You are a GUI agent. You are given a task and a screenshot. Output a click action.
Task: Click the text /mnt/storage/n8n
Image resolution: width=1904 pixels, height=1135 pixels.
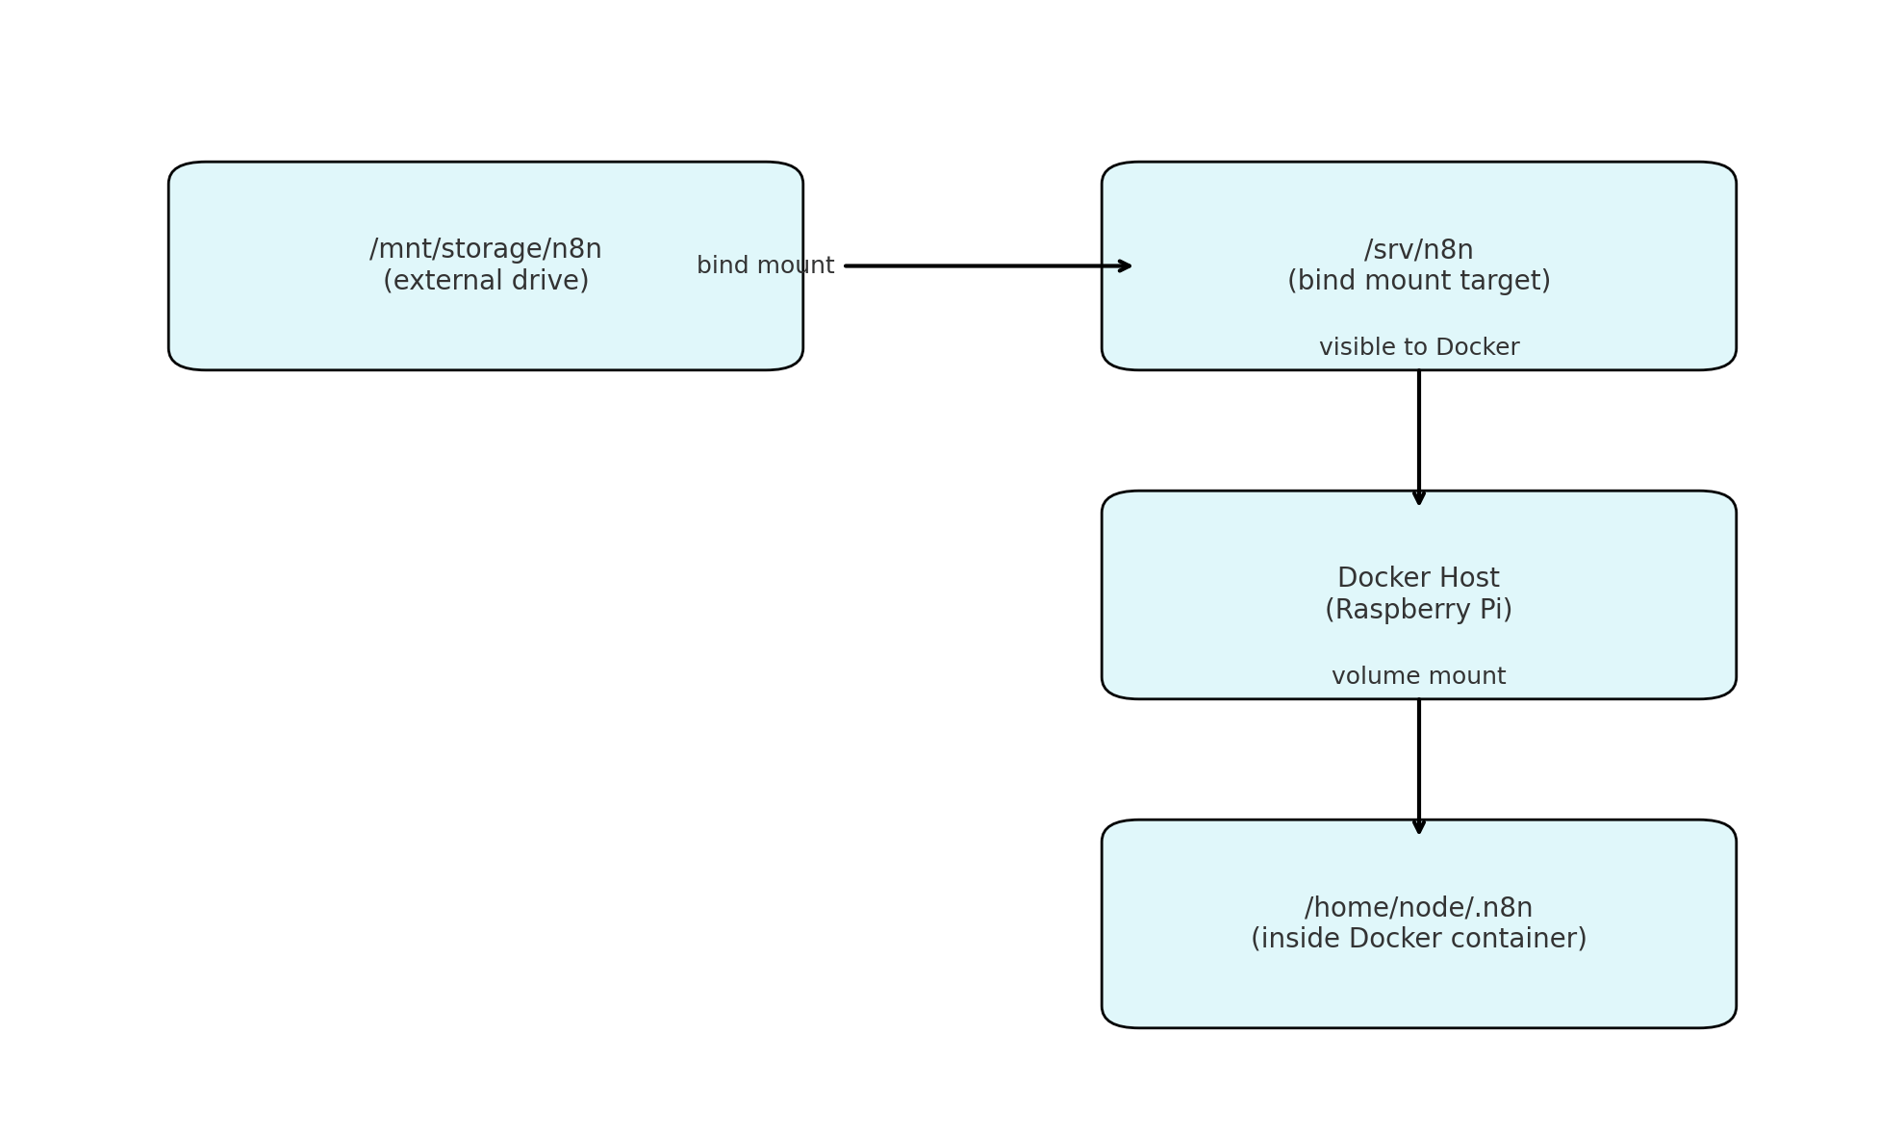point(485,249)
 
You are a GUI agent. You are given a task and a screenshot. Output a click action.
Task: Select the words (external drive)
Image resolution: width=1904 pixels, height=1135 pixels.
point(485,281)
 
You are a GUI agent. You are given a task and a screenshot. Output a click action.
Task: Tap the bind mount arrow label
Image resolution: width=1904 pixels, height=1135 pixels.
point(765,265)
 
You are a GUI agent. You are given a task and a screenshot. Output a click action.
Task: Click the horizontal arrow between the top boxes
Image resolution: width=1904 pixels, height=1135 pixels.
point(981,265)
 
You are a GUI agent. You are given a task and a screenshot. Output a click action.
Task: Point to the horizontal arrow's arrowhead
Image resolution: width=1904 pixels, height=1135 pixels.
point(1125,265)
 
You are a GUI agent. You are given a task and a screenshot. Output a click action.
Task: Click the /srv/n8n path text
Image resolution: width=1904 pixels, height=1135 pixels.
point(1418,250)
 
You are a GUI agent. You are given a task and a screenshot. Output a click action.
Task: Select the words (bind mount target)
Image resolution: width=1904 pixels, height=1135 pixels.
point(1418,281)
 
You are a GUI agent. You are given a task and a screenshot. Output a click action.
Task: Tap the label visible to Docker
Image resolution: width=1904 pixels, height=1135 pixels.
point(1418,347)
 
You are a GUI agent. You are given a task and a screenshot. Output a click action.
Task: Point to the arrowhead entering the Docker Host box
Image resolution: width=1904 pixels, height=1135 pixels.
point(1418,497)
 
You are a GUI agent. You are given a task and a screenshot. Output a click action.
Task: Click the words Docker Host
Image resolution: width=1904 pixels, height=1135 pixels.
point(1418,578)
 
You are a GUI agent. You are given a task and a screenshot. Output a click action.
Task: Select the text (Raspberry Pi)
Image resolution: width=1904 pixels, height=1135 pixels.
point(1418,610)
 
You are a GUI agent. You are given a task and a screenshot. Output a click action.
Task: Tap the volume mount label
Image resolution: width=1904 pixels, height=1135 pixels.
point(1418,676)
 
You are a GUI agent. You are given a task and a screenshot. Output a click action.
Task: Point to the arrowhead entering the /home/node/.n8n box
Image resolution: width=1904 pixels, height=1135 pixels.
point(1418,826)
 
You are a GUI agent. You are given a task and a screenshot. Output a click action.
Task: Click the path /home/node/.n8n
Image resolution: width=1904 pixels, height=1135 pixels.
point(1418,908)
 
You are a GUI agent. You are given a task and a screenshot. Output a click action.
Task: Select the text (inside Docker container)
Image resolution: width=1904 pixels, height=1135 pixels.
point(1418,939)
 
